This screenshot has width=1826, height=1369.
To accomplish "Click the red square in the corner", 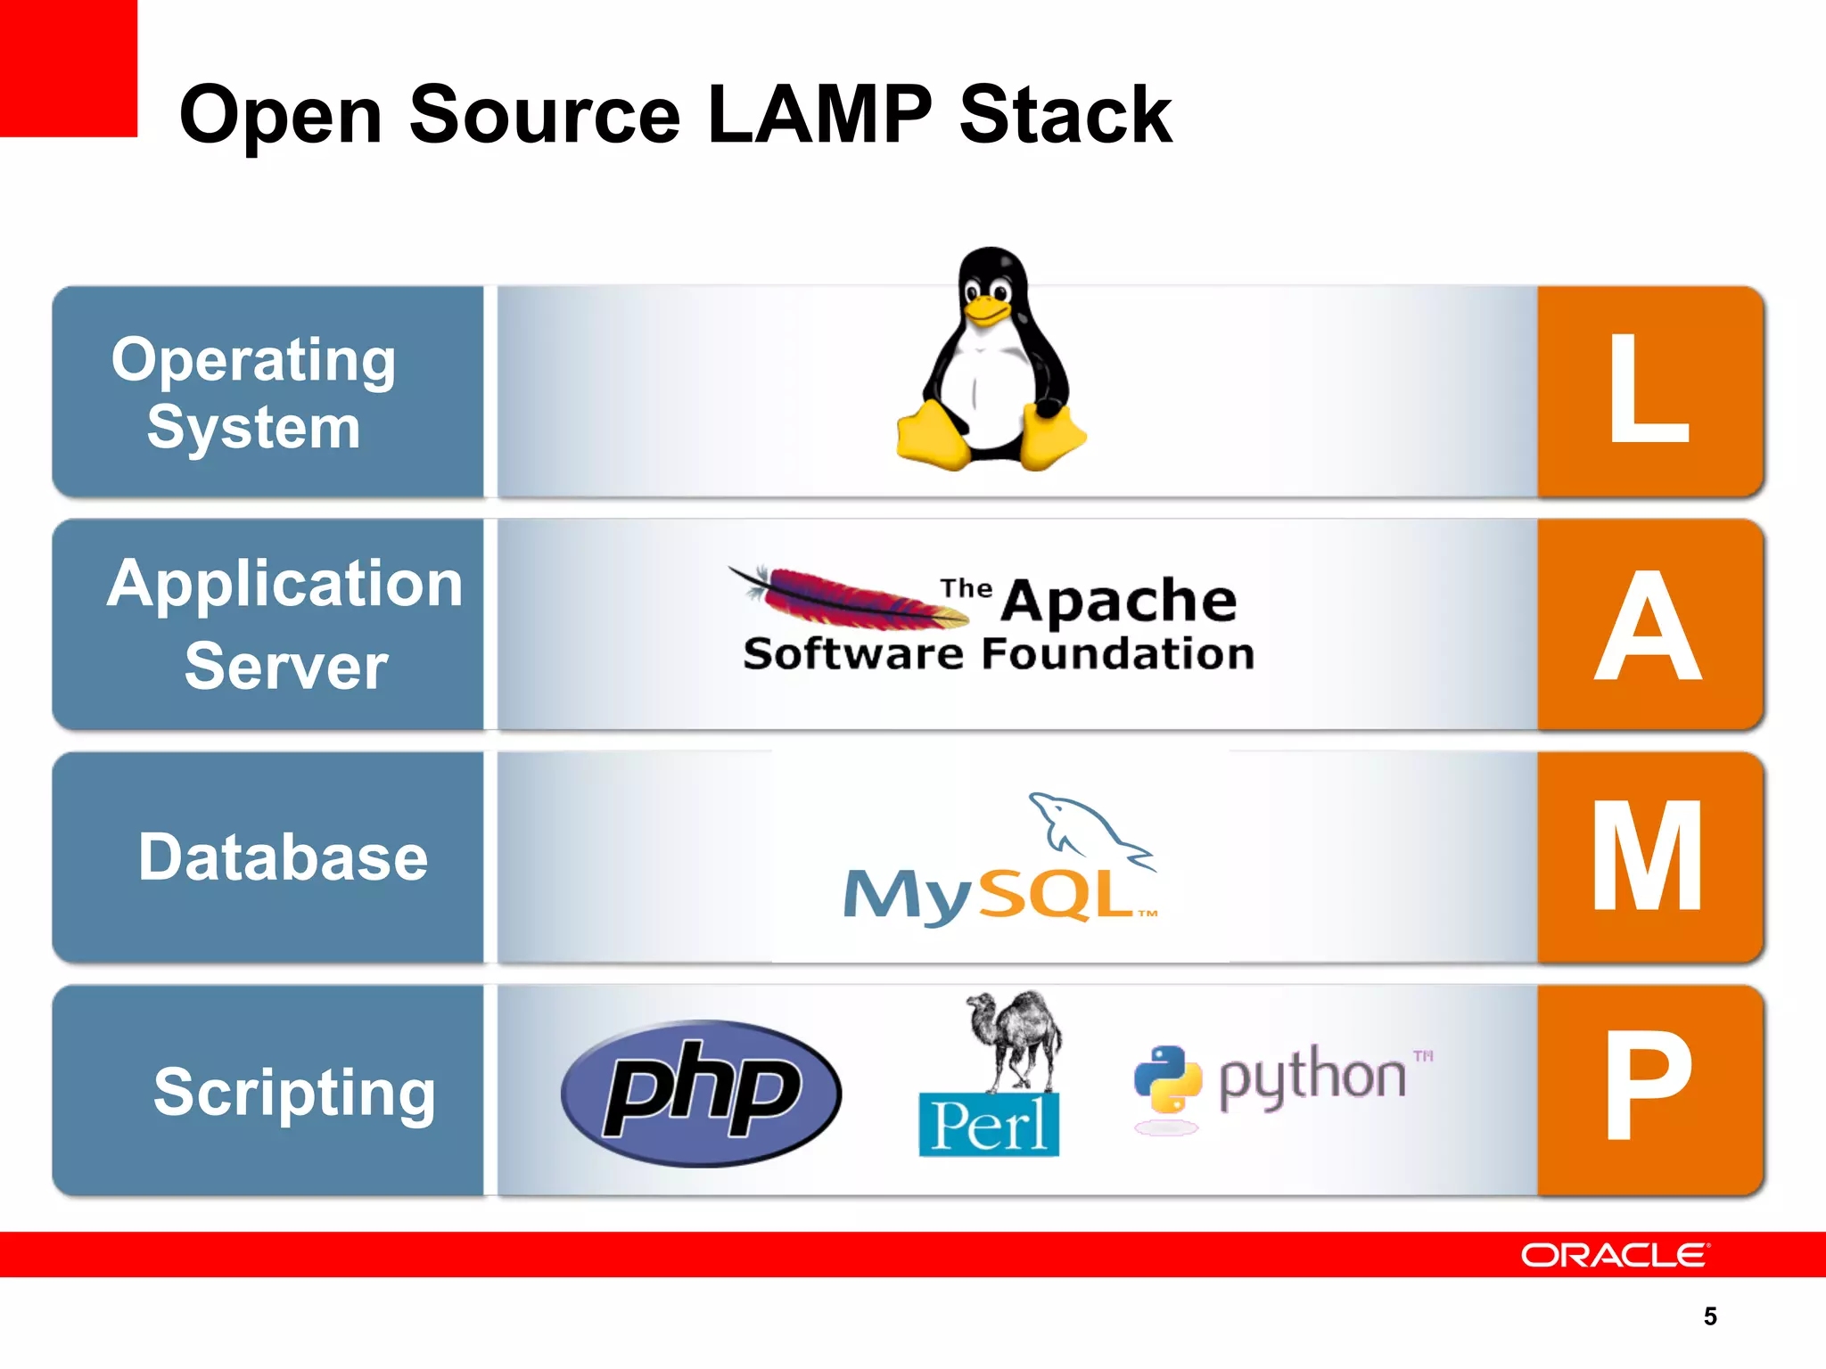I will (68, 68).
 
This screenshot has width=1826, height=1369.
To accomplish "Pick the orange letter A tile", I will (1649, 624).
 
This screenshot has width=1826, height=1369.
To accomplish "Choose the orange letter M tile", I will (1649, 857).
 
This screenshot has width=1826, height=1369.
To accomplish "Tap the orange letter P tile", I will (1649, 1089).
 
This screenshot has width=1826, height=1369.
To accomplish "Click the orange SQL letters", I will (1057, 894).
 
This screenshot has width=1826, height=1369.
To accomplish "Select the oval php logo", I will (701, 1092).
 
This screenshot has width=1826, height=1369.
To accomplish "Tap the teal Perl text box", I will (989, 1125).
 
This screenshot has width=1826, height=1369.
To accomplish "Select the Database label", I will (284, 857).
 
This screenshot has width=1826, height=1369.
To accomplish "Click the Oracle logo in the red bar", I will (1615, 1255).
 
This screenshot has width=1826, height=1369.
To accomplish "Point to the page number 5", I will (1709, 1316).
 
